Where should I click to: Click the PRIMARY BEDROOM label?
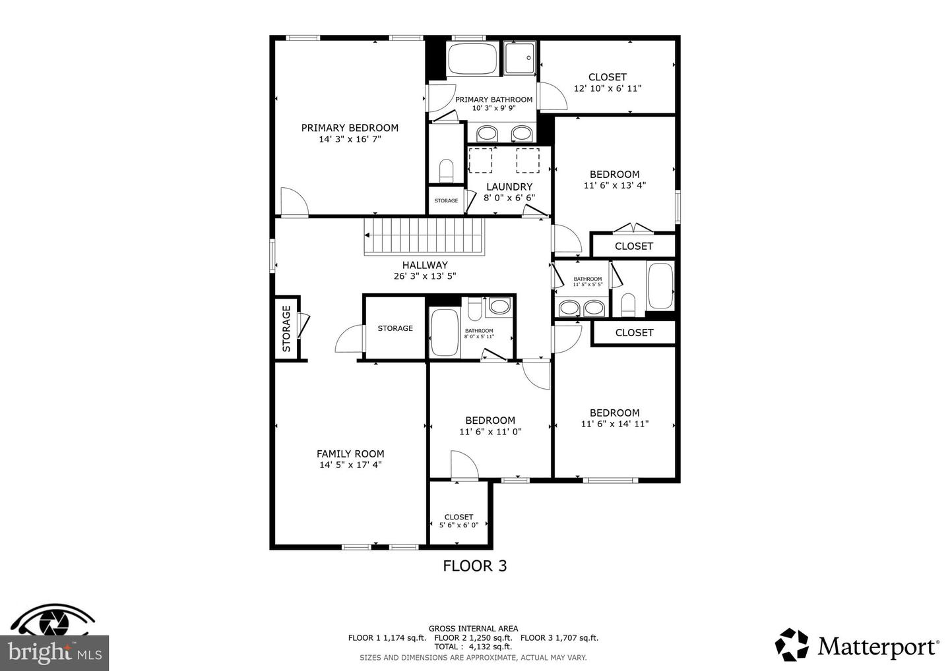point(350,128)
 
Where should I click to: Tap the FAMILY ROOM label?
point(350,453)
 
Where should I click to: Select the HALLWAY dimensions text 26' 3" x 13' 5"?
point(425,276)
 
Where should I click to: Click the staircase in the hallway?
point(424,236)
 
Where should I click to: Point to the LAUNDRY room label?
point(509,187)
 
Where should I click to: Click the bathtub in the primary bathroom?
point(472,59)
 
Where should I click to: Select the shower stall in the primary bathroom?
point(521,59)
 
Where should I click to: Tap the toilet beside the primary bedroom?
point(447,170)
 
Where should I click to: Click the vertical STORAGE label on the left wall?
point(286,328)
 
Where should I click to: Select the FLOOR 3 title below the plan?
point(474,566)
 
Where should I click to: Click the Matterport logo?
point(858,645)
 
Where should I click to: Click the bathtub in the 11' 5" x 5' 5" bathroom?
point(660,286)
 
